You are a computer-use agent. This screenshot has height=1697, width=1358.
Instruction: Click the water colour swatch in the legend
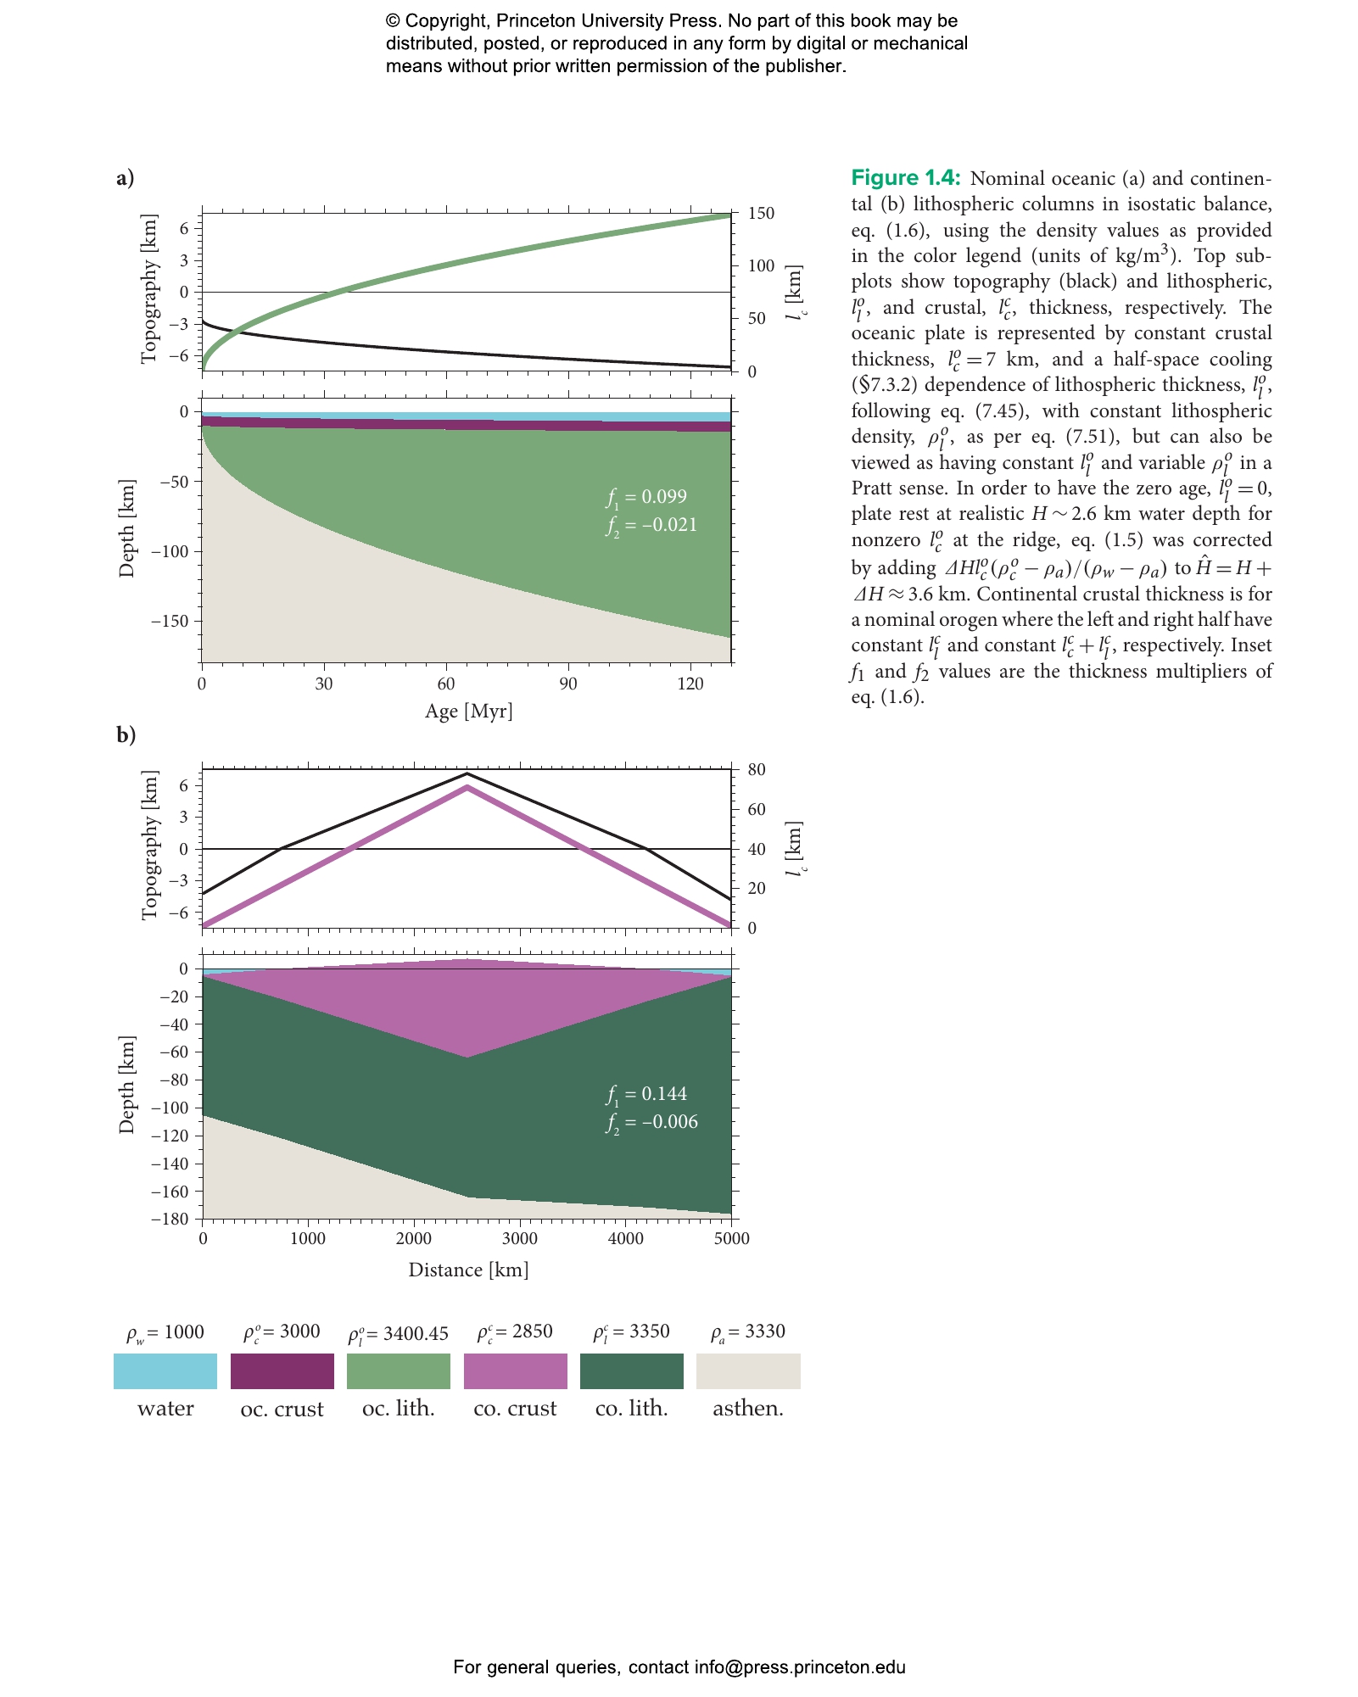(165, 1371)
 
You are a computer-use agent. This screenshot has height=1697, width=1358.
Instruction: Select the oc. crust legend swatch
(282, 1371)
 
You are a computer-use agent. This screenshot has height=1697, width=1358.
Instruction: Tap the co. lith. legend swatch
(632, 1371)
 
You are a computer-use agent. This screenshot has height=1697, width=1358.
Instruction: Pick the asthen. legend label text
(748, 1409)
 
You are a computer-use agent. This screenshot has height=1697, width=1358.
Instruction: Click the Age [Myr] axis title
(469, 711)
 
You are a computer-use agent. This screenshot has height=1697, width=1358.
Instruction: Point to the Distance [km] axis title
(469, 1270)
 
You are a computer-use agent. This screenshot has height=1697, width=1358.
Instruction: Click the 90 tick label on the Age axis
(568, 684)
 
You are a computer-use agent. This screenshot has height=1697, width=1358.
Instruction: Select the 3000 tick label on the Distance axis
(520, 1238)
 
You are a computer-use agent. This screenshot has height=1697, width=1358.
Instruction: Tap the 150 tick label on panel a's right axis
(761, 213)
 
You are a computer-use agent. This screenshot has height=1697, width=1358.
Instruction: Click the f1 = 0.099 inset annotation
(646, 498)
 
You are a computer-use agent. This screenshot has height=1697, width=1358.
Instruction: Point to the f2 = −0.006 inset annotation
(651, 1123)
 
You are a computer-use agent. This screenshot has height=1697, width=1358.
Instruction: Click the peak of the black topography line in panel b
(467, 773)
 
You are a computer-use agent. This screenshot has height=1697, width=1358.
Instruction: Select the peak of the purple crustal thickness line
(467, 788)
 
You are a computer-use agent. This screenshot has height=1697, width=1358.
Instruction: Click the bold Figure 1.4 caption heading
(906, 177)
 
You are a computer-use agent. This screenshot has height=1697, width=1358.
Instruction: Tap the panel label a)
(126, 177)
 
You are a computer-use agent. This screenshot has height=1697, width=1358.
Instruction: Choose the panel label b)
(126, 734)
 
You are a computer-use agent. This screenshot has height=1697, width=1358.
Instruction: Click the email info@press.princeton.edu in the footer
(800, 1667)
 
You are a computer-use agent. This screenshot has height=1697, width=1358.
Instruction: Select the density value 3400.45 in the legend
(416, 1334)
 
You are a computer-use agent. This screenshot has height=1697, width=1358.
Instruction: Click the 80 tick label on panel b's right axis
(757, 770)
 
